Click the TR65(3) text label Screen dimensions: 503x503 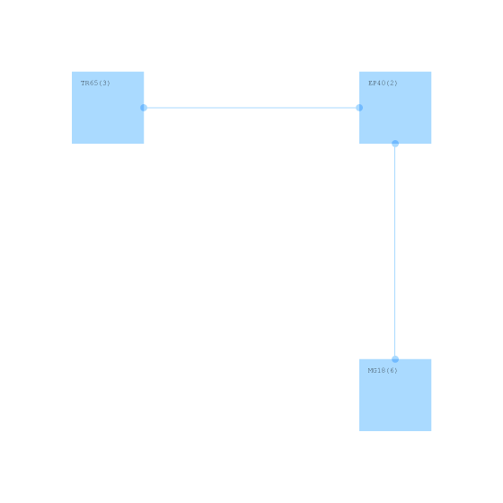click(x=95, y=83)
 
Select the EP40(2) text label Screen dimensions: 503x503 click(x=383, y=83)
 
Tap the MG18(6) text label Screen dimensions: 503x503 click(x=383, y=370)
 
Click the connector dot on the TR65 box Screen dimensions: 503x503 click(x=144, y=108)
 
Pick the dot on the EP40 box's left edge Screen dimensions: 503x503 click(x=359, y=108)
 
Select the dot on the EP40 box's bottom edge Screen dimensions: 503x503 click(x=395, y=144)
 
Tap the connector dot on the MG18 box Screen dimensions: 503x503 click(x=395, y=359)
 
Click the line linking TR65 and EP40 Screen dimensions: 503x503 click(x=251, y=108)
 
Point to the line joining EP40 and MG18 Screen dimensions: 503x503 click(x=395, y=251)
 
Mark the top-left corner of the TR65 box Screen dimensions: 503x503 click(x=72, y=72)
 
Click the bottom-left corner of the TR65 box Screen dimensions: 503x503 click(x=72, y=144)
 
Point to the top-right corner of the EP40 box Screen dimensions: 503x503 click(x=431, y=72)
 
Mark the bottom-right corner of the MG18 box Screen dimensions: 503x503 click(x=431, y=431)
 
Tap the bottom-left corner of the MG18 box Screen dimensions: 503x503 click(x=359, y=431)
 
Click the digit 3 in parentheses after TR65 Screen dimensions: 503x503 click(x=104, y=83)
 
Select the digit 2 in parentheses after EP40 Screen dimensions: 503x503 click(x=392, y=83)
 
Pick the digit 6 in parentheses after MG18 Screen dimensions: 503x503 click(x=392, y=370)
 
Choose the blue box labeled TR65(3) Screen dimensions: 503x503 click(x=108, y=108)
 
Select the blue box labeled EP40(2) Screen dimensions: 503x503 click(x=395, y=108)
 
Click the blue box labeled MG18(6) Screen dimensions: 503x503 click(x=395, y=395)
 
